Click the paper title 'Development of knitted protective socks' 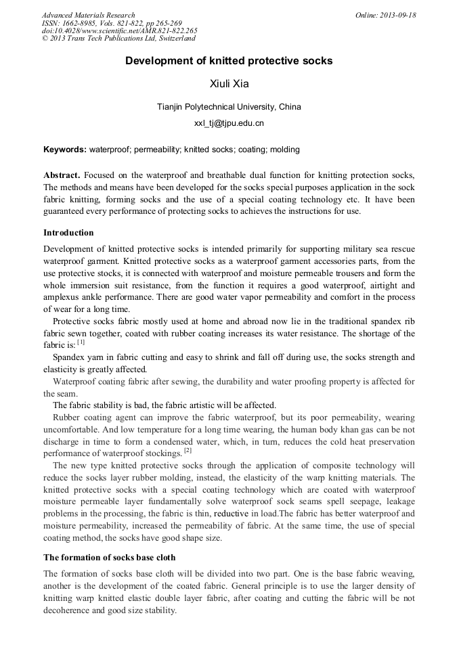(229, 61)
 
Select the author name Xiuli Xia (229, 85)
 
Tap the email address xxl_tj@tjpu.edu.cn (229, 123)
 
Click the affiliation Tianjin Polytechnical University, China (229, 107)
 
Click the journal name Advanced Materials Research (88, 15)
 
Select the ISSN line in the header (112, 23)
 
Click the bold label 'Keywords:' (65, 150)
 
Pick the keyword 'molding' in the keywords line (284, 150)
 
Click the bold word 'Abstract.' (62, 175)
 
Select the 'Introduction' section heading (68, 233)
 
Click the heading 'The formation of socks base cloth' (109, 558)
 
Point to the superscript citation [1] (81, 342)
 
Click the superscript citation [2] (188, 450)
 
